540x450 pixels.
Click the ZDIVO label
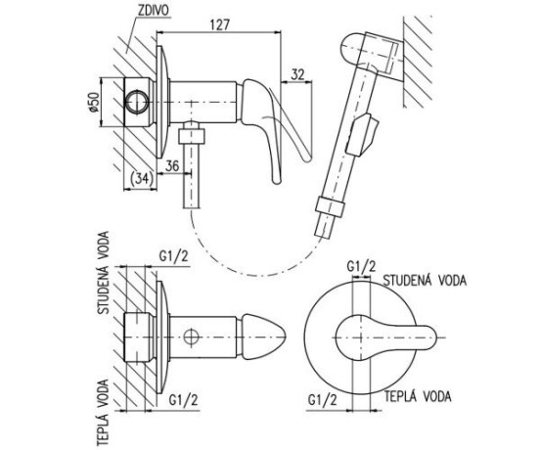coord(154,11)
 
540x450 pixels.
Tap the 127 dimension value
coord(219,24)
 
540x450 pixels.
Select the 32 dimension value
coord(298,74)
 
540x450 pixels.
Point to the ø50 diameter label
coord(94,103)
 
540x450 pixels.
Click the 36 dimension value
coord(172,165)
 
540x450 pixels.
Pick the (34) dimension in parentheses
coord(142,178)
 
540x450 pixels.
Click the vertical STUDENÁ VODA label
coord(104,273)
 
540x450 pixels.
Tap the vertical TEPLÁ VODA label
coord(104,413)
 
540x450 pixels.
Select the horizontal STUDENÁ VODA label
coord(425,280)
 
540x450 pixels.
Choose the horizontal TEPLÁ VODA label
coord(418,396)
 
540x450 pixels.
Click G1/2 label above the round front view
coord(361,266)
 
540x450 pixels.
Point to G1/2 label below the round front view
coord(323,400)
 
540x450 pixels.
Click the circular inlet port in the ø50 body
coord(137,103)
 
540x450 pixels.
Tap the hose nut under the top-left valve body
coord(192,136)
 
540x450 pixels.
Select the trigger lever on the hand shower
coord(362,134)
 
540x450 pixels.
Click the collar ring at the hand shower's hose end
coord(330,206)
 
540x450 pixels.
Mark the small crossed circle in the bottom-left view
coord(191,337)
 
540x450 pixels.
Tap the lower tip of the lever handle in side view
coord(277,180)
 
